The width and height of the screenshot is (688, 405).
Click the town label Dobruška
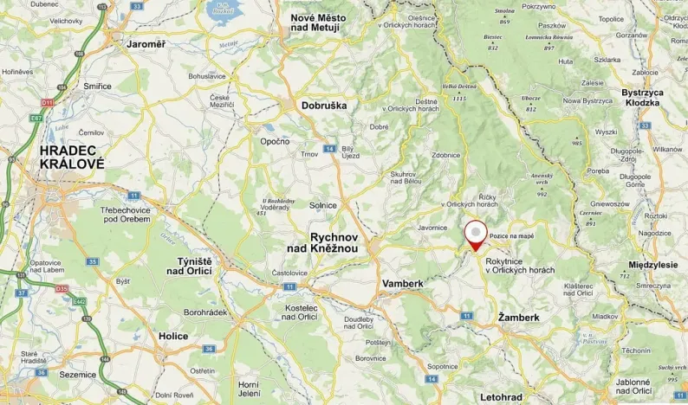tap(323, 106)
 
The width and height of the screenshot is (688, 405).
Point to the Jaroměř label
tap(145, 42)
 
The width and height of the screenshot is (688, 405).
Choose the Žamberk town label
tap(519, 318)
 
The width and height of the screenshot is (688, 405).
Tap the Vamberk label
tap(402, 283)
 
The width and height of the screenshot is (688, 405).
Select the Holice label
tap(173, 335)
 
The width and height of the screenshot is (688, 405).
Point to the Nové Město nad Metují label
tap(315, 22)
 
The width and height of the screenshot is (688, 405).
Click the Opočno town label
tap(275, 141)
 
